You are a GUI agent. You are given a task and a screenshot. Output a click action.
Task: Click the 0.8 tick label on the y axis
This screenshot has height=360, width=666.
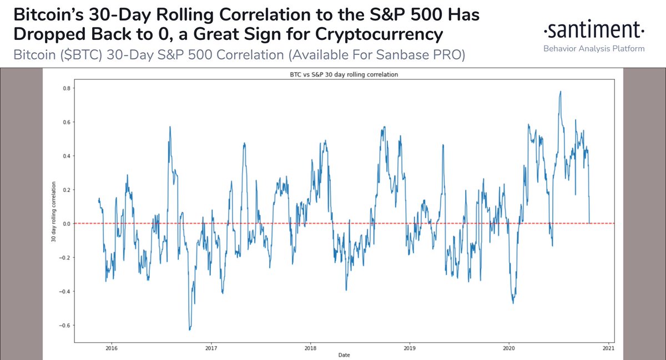[x=65, y=88]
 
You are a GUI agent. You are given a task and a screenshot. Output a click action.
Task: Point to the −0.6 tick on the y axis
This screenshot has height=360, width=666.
[x=64, y=325]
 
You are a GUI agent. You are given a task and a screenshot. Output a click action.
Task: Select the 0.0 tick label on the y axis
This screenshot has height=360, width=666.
[x=65, y=224]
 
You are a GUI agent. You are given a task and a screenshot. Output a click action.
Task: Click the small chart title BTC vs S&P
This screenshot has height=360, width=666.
[x=342, y=75]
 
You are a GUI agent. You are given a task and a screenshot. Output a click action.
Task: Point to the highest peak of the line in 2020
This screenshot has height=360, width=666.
[x=561, y=92]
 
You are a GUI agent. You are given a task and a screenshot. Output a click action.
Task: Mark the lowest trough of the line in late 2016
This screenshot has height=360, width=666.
[x=190, y=329]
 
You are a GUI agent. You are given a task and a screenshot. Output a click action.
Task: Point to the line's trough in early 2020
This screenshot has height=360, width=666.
[x=513, y=303]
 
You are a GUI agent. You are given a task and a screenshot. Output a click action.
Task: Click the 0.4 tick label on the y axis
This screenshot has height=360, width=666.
[x=65, y=156]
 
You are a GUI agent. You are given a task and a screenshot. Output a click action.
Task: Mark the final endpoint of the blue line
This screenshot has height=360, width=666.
[x=589, y=222]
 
